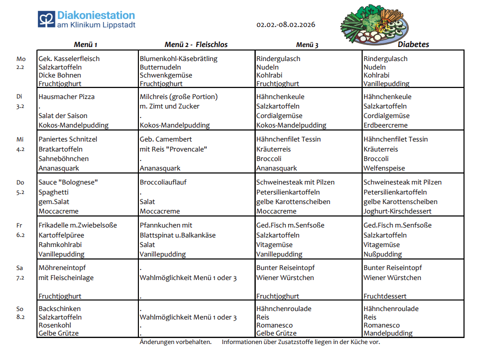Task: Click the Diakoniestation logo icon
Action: [46, 20]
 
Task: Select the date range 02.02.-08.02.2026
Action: [286, 24]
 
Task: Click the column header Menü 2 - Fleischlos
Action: [196, 44]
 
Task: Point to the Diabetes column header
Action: [413, 44]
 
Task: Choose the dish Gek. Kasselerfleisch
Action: [69, 58]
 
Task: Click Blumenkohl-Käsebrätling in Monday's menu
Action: [178, 58]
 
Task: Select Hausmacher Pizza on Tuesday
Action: [66, 96]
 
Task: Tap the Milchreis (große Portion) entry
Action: [178, 96]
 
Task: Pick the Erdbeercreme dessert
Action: [385, 125]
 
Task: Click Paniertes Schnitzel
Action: [68, 139]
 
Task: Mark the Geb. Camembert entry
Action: [165, 139]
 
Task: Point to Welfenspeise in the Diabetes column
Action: [384, 168]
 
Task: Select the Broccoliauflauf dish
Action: [163, 182]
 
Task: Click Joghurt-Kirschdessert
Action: [397, 211]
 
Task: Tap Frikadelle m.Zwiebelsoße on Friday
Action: [77, 225]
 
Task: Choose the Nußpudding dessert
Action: [383, 254]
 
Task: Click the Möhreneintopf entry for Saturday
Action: [62, 268]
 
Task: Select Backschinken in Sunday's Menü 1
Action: [59, 308]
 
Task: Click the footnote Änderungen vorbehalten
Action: [175, 342]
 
